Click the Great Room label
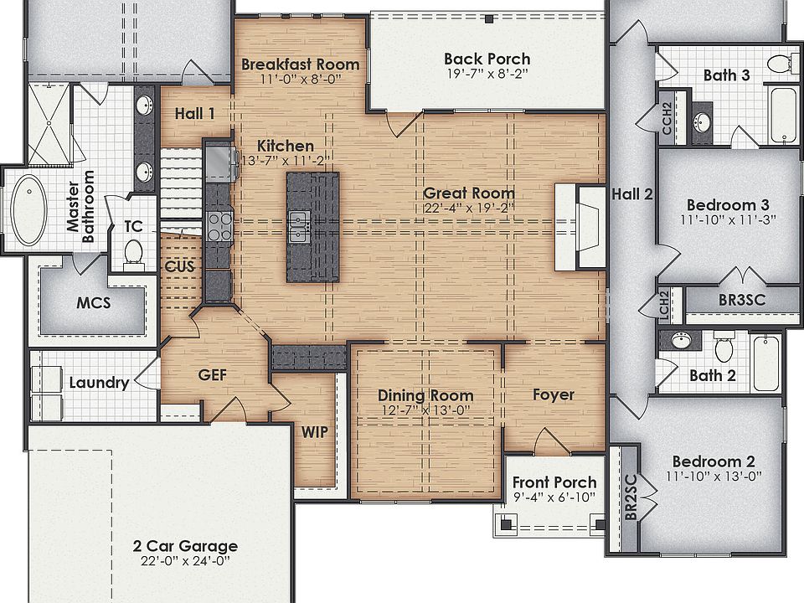click(468, 193)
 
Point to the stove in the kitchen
click(219, 226)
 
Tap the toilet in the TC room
click(134, 251)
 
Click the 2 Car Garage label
click(185, 546)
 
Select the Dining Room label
click(425, 395)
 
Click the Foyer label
click(554, 394)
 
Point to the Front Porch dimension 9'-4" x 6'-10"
click(554, 497)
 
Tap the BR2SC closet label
click(631, 500)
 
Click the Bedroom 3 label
click(728, 205)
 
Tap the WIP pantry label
click(314, 432)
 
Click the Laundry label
click(99, 383)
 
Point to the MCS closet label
click(94, 302)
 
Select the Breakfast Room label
click(300, 64)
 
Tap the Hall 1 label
click(194, 113)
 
